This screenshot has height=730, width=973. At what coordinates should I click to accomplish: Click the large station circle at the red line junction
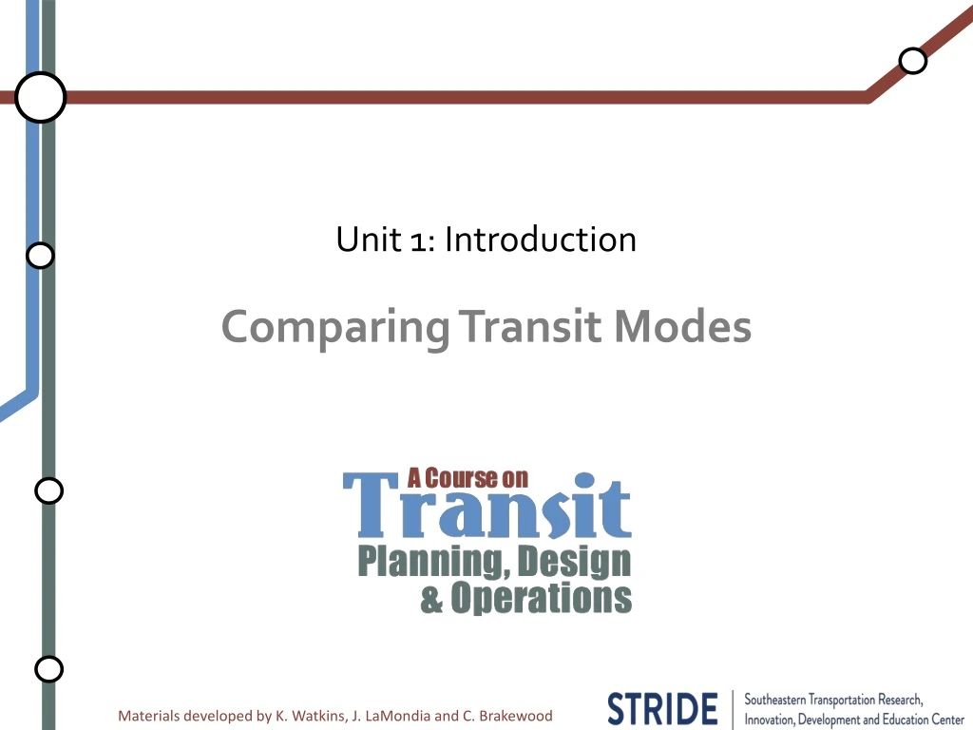(40, 97)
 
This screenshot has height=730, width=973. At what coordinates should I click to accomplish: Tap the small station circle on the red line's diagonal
(912, 61)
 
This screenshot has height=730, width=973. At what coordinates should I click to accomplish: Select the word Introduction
(540, 239)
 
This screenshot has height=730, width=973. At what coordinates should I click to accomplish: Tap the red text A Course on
(467, 478)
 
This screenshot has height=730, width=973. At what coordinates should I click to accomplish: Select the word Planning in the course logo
(426, 562)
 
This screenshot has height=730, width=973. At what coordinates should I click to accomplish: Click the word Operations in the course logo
(541, 598)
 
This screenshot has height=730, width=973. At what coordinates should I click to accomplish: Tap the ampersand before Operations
(431, 599)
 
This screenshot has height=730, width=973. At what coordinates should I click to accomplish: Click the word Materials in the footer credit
(148, 715)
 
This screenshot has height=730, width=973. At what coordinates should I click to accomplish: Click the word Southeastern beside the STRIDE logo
(775, 700)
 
